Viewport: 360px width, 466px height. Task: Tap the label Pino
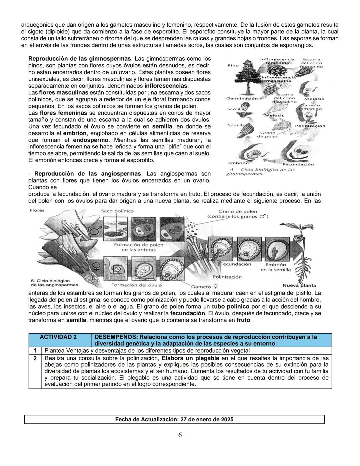pos(233,65)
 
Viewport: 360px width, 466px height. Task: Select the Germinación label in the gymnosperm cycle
pos(242,98)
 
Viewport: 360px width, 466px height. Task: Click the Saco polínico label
pos(117,211)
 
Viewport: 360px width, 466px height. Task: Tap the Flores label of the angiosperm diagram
pos(37,210)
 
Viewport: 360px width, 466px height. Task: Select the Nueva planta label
pos(299,285)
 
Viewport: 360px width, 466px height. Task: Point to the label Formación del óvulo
pos(136,285)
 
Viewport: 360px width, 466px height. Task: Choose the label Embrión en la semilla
pos(276,267)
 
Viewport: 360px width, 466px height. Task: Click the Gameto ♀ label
pos(204,287)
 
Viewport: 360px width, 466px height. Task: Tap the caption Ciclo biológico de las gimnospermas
pos(260,171)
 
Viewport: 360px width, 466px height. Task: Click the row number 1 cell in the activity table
pos(35,351)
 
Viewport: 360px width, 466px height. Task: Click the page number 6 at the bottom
pos(180,435)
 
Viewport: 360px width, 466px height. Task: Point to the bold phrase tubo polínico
pos(230,307)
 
